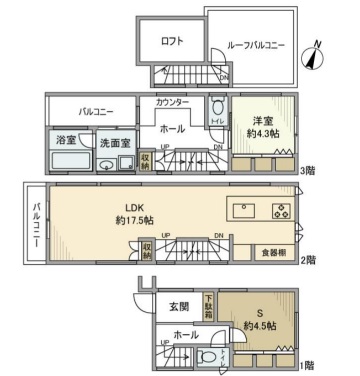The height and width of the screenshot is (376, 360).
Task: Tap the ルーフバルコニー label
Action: [255, 45]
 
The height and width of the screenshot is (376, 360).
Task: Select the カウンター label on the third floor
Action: [175, 103]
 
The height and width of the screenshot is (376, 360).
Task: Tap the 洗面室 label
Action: [115, 142]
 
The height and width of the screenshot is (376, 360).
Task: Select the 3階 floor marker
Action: [310, 169]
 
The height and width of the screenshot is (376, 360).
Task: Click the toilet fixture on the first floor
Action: [207, 357]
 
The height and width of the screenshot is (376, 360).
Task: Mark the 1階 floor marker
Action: [310, 367]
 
